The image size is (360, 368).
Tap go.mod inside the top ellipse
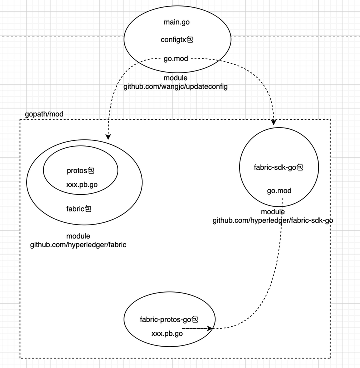pos(176,59)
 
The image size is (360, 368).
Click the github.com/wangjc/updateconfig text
pos(176,87)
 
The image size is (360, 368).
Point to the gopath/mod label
pos(44,114)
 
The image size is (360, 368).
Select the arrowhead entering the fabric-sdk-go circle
pos(274,122)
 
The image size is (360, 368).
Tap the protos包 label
pos(80,170)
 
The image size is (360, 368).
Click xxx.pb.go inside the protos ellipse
pos(82,185)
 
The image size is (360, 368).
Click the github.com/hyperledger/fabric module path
pos(78,245)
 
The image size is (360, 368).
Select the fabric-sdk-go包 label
pos(278,167)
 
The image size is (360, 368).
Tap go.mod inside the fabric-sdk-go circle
pos(279,191)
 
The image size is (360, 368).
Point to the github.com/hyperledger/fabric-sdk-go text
pos(273,220)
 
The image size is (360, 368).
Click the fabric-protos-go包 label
pos(169,319)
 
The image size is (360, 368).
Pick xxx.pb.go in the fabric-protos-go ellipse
pos(167,333)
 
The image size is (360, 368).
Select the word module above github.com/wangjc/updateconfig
pos(176,78)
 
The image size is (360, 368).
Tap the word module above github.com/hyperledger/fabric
pos(78,236)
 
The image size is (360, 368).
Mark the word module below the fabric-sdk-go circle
pos(273,212)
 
